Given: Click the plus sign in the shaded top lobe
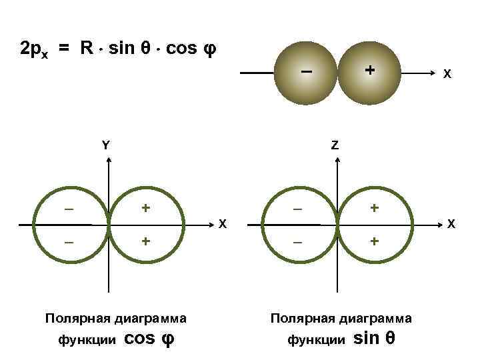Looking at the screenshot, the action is [x=367, y=69].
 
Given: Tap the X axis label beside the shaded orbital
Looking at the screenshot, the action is [x=448, y=75].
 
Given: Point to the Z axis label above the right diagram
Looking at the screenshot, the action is [x=335, y=145].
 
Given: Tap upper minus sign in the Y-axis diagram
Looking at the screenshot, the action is [x=69, y=209].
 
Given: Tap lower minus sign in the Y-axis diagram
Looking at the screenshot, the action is [x=69, y=241].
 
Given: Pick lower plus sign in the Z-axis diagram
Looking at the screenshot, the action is [x=375, y=241].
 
